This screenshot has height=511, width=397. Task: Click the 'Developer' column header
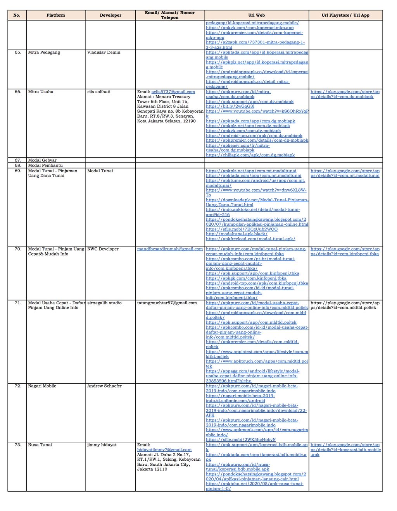coord(110,15)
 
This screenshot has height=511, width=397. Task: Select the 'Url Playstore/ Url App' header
coord(345,15)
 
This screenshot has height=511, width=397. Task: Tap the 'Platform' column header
coord(56,15)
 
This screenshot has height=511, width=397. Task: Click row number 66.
coord(18,92)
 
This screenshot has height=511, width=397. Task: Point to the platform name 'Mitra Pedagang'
coord(44,52)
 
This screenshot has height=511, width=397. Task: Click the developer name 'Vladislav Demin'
coord(104,52)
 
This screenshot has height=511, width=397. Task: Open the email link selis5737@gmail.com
coord(173,92)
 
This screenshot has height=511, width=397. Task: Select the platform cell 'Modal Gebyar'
coord(42,160)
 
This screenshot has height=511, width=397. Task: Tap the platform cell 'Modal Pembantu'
coord(45,165)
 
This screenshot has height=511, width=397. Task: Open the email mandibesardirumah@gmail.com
coord(170,249)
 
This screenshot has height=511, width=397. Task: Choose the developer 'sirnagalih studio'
coord(104,303)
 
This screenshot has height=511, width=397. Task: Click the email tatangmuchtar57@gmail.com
coord(167,303)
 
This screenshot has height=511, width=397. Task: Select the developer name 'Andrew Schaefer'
coord(104,386)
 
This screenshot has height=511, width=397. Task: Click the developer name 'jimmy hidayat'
coord(102,445)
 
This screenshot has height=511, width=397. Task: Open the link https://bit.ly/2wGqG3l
coord(230,106)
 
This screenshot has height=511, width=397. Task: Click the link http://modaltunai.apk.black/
coord(236,234)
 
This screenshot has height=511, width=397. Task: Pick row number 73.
coord(18,445)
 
